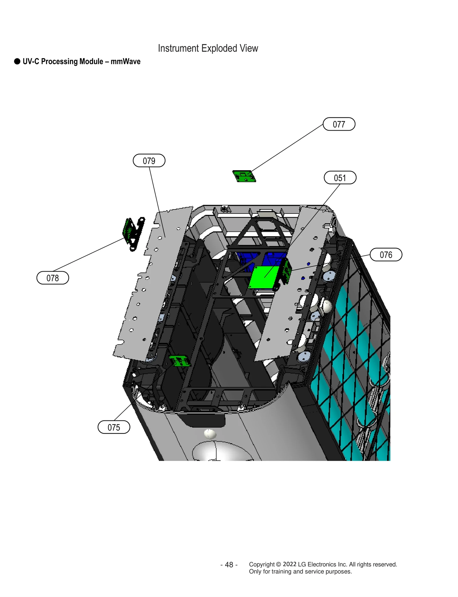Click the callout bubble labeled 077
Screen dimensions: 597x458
tap(339, 124)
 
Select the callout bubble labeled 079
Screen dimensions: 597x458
tap(149, 161)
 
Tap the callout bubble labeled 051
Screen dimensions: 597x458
tap(340, 178)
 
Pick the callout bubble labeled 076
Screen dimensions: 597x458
tap(386, 254)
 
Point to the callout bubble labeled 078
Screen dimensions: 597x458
tap(53, 278)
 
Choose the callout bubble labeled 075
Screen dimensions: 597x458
tap(114, 427)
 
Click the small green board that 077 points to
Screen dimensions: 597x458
tap(244, 176)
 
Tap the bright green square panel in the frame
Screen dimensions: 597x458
tap(263, 277)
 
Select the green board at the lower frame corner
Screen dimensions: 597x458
tap(179, 361)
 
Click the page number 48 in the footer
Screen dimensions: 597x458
tap(229, 565)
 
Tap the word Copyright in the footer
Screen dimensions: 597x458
tap(262, 564)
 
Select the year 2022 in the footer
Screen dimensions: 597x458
tap(289, 564)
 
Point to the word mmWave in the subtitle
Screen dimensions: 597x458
tap(125, 62)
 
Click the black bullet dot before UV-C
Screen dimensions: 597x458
tap(17, 62)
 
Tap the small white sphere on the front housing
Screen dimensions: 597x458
tap(210, 434)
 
